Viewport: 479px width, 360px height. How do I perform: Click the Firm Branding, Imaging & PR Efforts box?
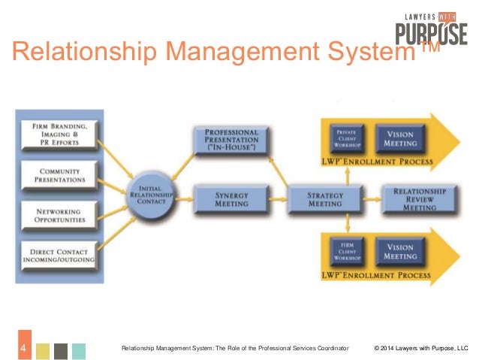59,134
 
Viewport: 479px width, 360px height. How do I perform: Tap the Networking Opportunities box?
59,217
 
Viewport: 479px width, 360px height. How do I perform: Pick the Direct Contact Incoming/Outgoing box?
59,256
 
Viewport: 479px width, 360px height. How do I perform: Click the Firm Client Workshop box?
346,250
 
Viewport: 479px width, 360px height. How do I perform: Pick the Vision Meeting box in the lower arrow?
400,250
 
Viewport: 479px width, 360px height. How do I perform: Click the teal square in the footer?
79,350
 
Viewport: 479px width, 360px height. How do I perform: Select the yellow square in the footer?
43,350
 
